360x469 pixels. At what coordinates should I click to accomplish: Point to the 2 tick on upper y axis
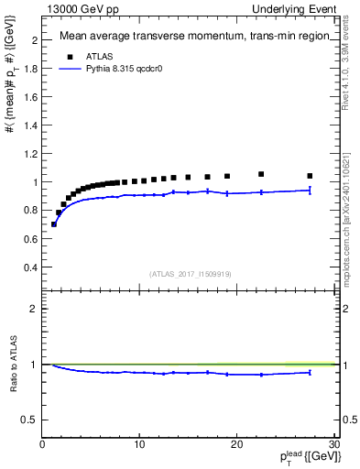[x=34, y=40]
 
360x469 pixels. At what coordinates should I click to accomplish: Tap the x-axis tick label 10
[x=139, y=444]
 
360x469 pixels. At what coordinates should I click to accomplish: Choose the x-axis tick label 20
[x=236, y=444]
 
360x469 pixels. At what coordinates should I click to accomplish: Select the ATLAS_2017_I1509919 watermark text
[x=189, y=273]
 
